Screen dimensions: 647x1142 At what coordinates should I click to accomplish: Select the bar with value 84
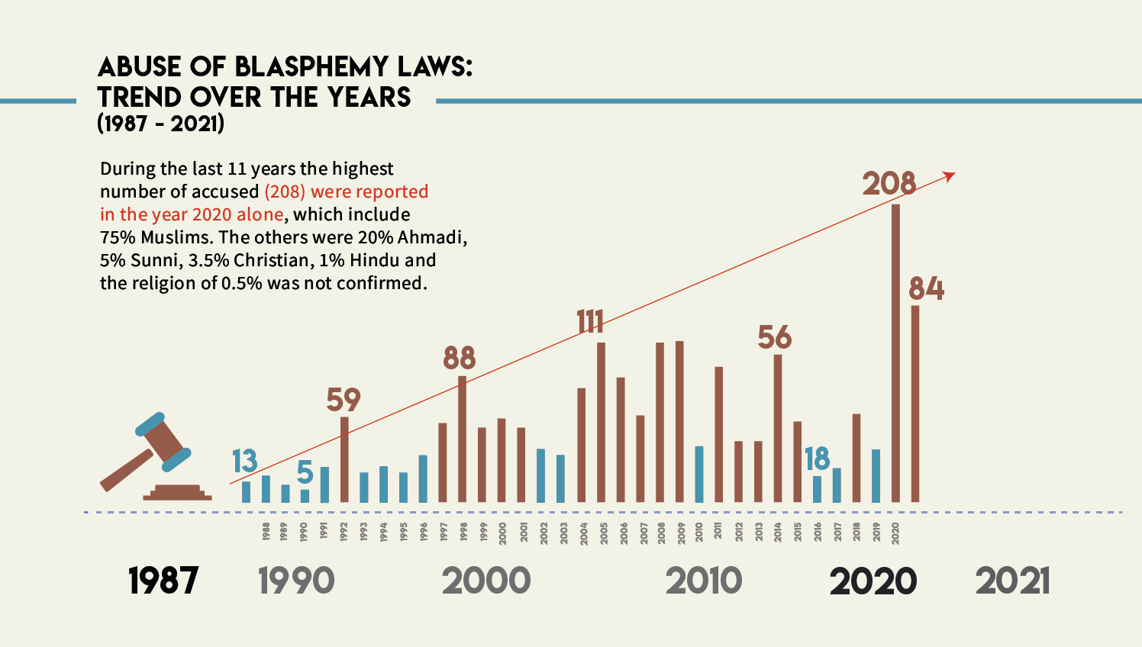tap(915, 404)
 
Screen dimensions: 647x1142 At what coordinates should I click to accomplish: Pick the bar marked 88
tap(462, 439)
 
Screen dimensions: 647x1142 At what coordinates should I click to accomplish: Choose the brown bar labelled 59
tap(344, 459)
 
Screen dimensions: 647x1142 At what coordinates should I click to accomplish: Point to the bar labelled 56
tap(778, 428)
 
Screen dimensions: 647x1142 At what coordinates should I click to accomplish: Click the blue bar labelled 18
tap(817, 489)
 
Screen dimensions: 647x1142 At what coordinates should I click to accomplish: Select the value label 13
tap(245, 462)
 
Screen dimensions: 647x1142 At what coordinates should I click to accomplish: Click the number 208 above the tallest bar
tap(889, 184)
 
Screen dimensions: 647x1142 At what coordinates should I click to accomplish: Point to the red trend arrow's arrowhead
tap(950, 176)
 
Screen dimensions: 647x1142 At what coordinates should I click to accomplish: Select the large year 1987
tap(163, 581)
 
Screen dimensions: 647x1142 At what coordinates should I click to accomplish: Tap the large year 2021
tap(1012, 581)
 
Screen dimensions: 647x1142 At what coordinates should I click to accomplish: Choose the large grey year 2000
tap(486, 581)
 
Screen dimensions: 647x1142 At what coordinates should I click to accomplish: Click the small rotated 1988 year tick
tap(266, 531)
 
